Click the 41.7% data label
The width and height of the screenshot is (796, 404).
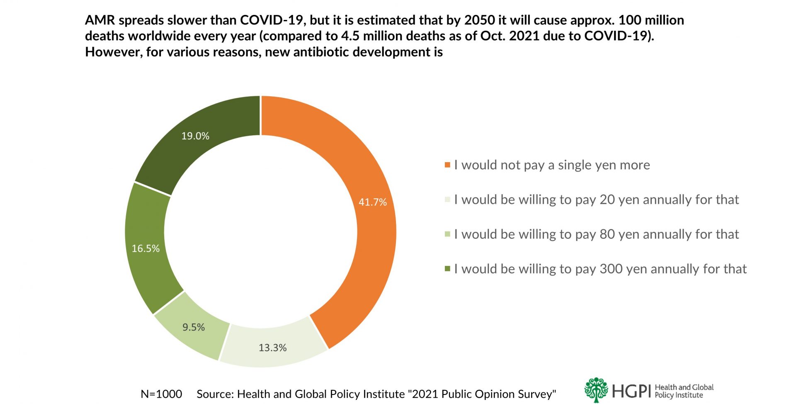pos(372,202)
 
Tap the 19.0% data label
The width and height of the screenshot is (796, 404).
pos(195,136)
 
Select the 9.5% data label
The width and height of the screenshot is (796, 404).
pos(194,327)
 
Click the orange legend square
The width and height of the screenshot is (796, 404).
pos(447,165)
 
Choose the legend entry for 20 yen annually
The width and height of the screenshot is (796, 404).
pos(596,200)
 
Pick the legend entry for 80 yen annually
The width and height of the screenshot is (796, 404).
pos(596,234)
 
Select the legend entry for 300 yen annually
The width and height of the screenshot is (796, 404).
pos(600,269)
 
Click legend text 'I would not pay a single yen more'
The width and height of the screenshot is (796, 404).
pos(552,165)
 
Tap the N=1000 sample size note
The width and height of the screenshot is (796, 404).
pos(161,394)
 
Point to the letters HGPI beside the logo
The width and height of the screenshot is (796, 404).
pos(631,391)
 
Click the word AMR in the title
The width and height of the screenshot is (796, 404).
pos(100,20)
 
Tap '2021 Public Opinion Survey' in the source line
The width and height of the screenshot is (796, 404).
pos(482,394)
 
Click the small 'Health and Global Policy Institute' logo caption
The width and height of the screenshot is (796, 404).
pos(684,391)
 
